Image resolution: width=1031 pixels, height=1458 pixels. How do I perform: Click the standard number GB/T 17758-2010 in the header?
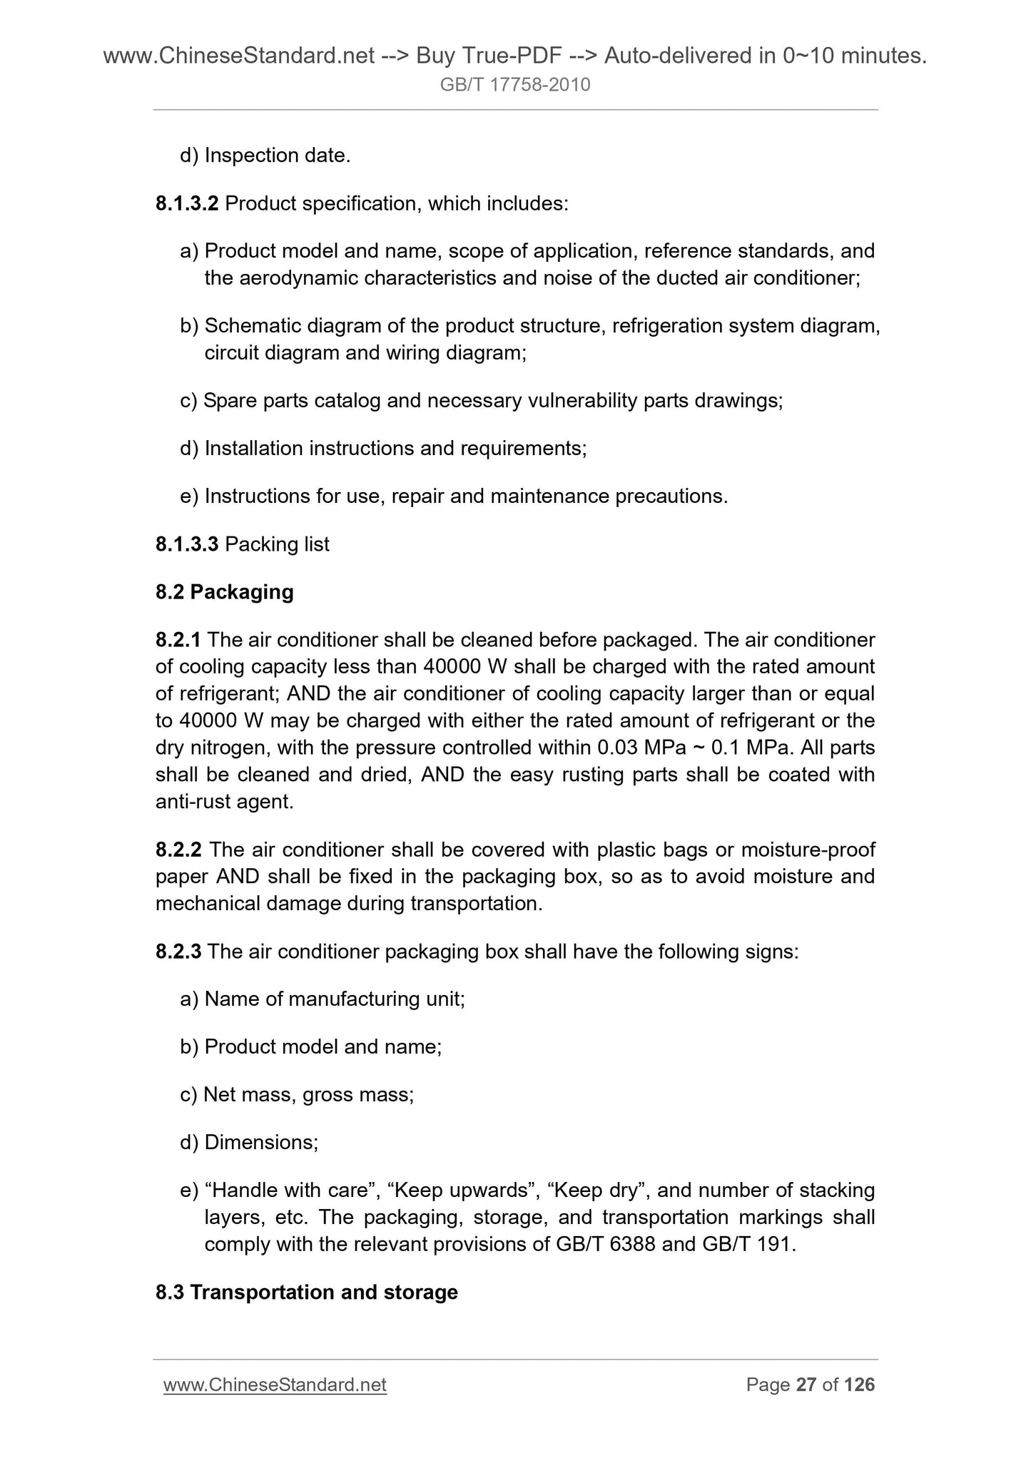click(515, 86)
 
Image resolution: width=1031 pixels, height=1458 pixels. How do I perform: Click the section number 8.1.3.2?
click(187, 204)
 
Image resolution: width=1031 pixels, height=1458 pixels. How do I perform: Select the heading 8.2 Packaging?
click(225, 592)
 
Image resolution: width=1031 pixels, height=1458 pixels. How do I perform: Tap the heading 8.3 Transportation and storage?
click(307, 1293)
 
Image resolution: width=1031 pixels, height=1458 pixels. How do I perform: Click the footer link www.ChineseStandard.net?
click(275, 1385)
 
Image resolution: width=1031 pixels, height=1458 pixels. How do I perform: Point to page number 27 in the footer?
click(806, 1385)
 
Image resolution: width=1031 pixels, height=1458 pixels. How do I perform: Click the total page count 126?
click(859, 1385)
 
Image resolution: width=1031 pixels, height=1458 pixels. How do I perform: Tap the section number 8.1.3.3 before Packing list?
click(187, 544)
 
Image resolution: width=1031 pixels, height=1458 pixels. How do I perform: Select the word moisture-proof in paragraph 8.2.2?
click(808, 850)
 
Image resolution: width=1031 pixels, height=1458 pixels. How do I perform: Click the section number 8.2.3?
click(178, 952)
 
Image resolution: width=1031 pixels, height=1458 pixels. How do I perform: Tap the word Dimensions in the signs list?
click(261, 1143)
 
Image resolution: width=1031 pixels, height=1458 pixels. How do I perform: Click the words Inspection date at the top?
click(277, 156)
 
